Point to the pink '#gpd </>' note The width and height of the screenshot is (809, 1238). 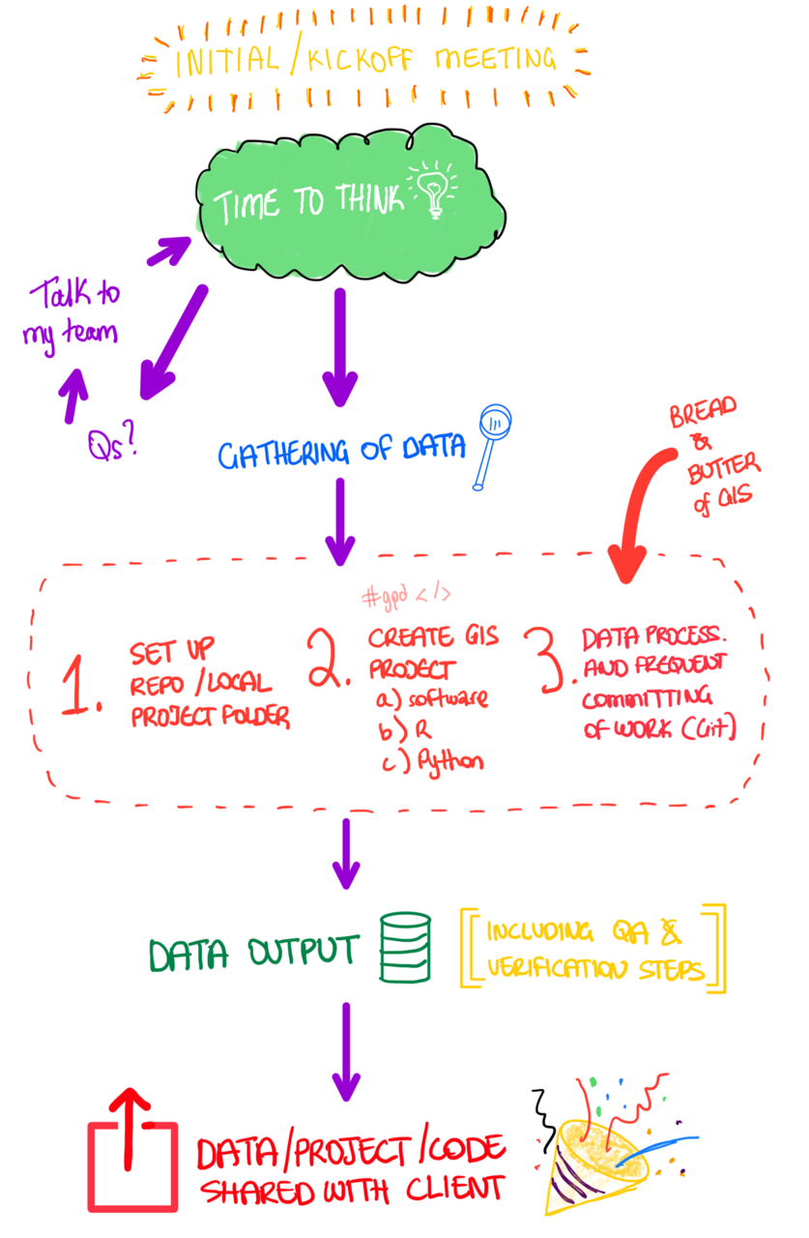coord(406,596)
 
